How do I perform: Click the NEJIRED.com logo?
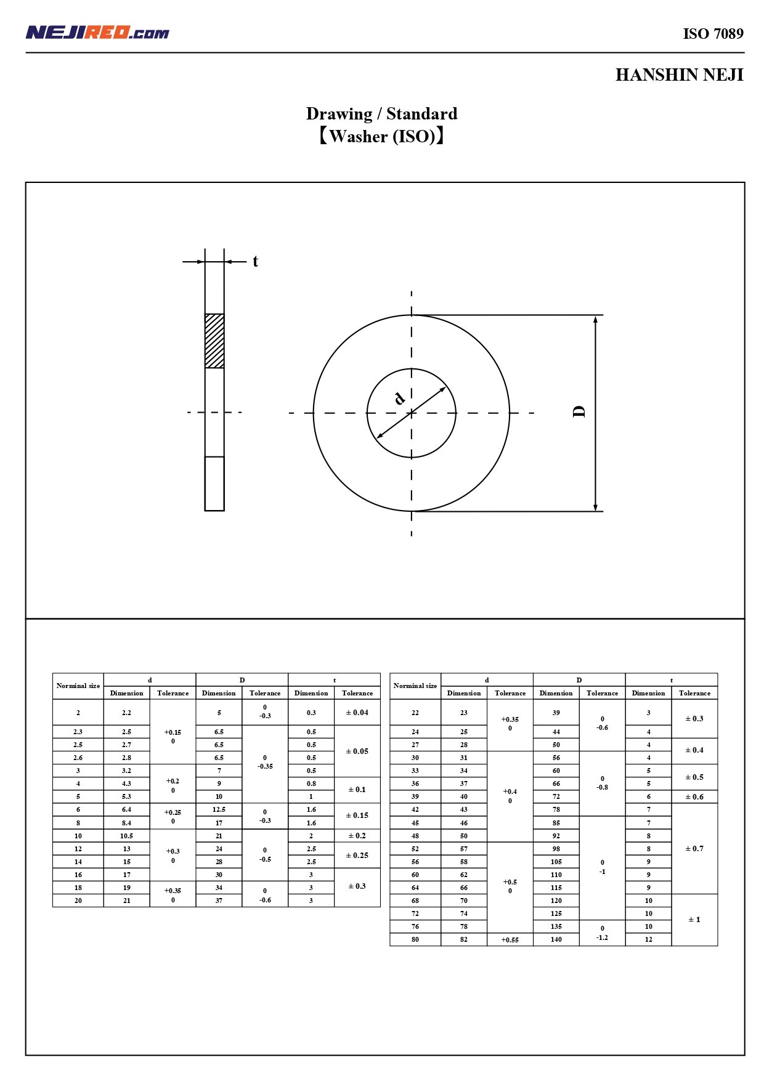click(97, 33)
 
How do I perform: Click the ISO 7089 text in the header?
click(713, 34)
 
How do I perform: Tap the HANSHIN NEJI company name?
click(679, 75)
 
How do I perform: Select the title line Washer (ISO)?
click(381, 136)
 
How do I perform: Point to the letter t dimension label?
click(255, 262)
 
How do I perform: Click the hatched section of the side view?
click(214, 341)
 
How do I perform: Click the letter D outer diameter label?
click(579, 412)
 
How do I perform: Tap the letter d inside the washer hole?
click(399, 399)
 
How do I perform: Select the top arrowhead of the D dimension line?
click(595, 320)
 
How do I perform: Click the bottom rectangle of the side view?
click(214, 484)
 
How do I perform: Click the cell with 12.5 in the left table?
click(219, 809)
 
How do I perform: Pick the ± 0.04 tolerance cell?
click(357, 713)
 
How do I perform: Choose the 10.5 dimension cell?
click(126, 836)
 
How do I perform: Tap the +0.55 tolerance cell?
click(510, 940)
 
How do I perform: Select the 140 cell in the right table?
click(556, 940)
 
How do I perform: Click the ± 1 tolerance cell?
click(694, 920)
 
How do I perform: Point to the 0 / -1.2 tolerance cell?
click(602, 933)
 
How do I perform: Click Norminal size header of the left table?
click(78, 686)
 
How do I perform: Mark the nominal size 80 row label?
click(415, 940)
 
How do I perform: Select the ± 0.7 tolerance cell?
click(694, 849)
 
